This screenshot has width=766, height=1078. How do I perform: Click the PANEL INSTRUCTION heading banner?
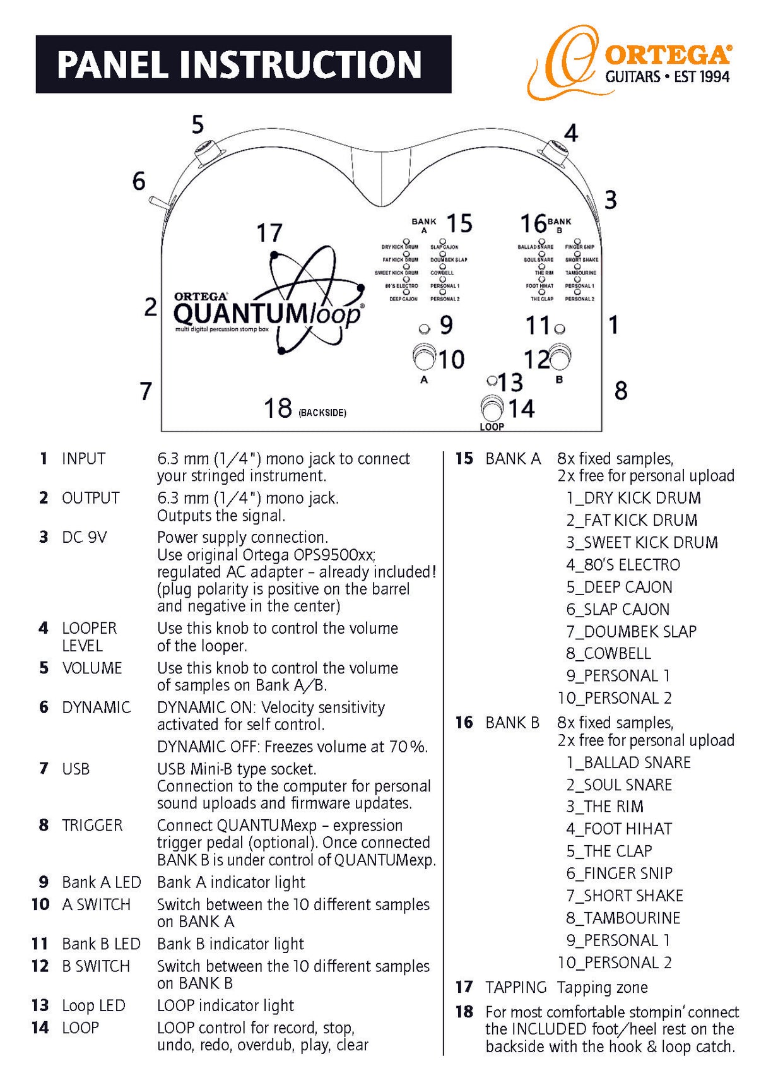[243, 64]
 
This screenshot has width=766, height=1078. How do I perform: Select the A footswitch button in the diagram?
[425, 357]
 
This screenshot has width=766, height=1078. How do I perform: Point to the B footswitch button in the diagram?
[560, 357]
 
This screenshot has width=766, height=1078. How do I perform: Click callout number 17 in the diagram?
[269, 233]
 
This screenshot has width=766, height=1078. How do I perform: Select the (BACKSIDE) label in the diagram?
[322, 413]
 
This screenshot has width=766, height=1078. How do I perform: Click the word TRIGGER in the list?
[92, 826]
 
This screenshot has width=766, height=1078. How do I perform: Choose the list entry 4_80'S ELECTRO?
[623, 565]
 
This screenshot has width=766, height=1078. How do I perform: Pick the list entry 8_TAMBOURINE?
[623, 918]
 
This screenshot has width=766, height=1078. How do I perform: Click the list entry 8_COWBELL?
[608, 653]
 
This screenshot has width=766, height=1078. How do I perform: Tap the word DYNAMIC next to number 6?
[96, 708]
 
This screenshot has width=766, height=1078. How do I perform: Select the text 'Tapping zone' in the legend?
[602, 987]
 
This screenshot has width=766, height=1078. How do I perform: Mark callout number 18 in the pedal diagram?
[278, 408]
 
